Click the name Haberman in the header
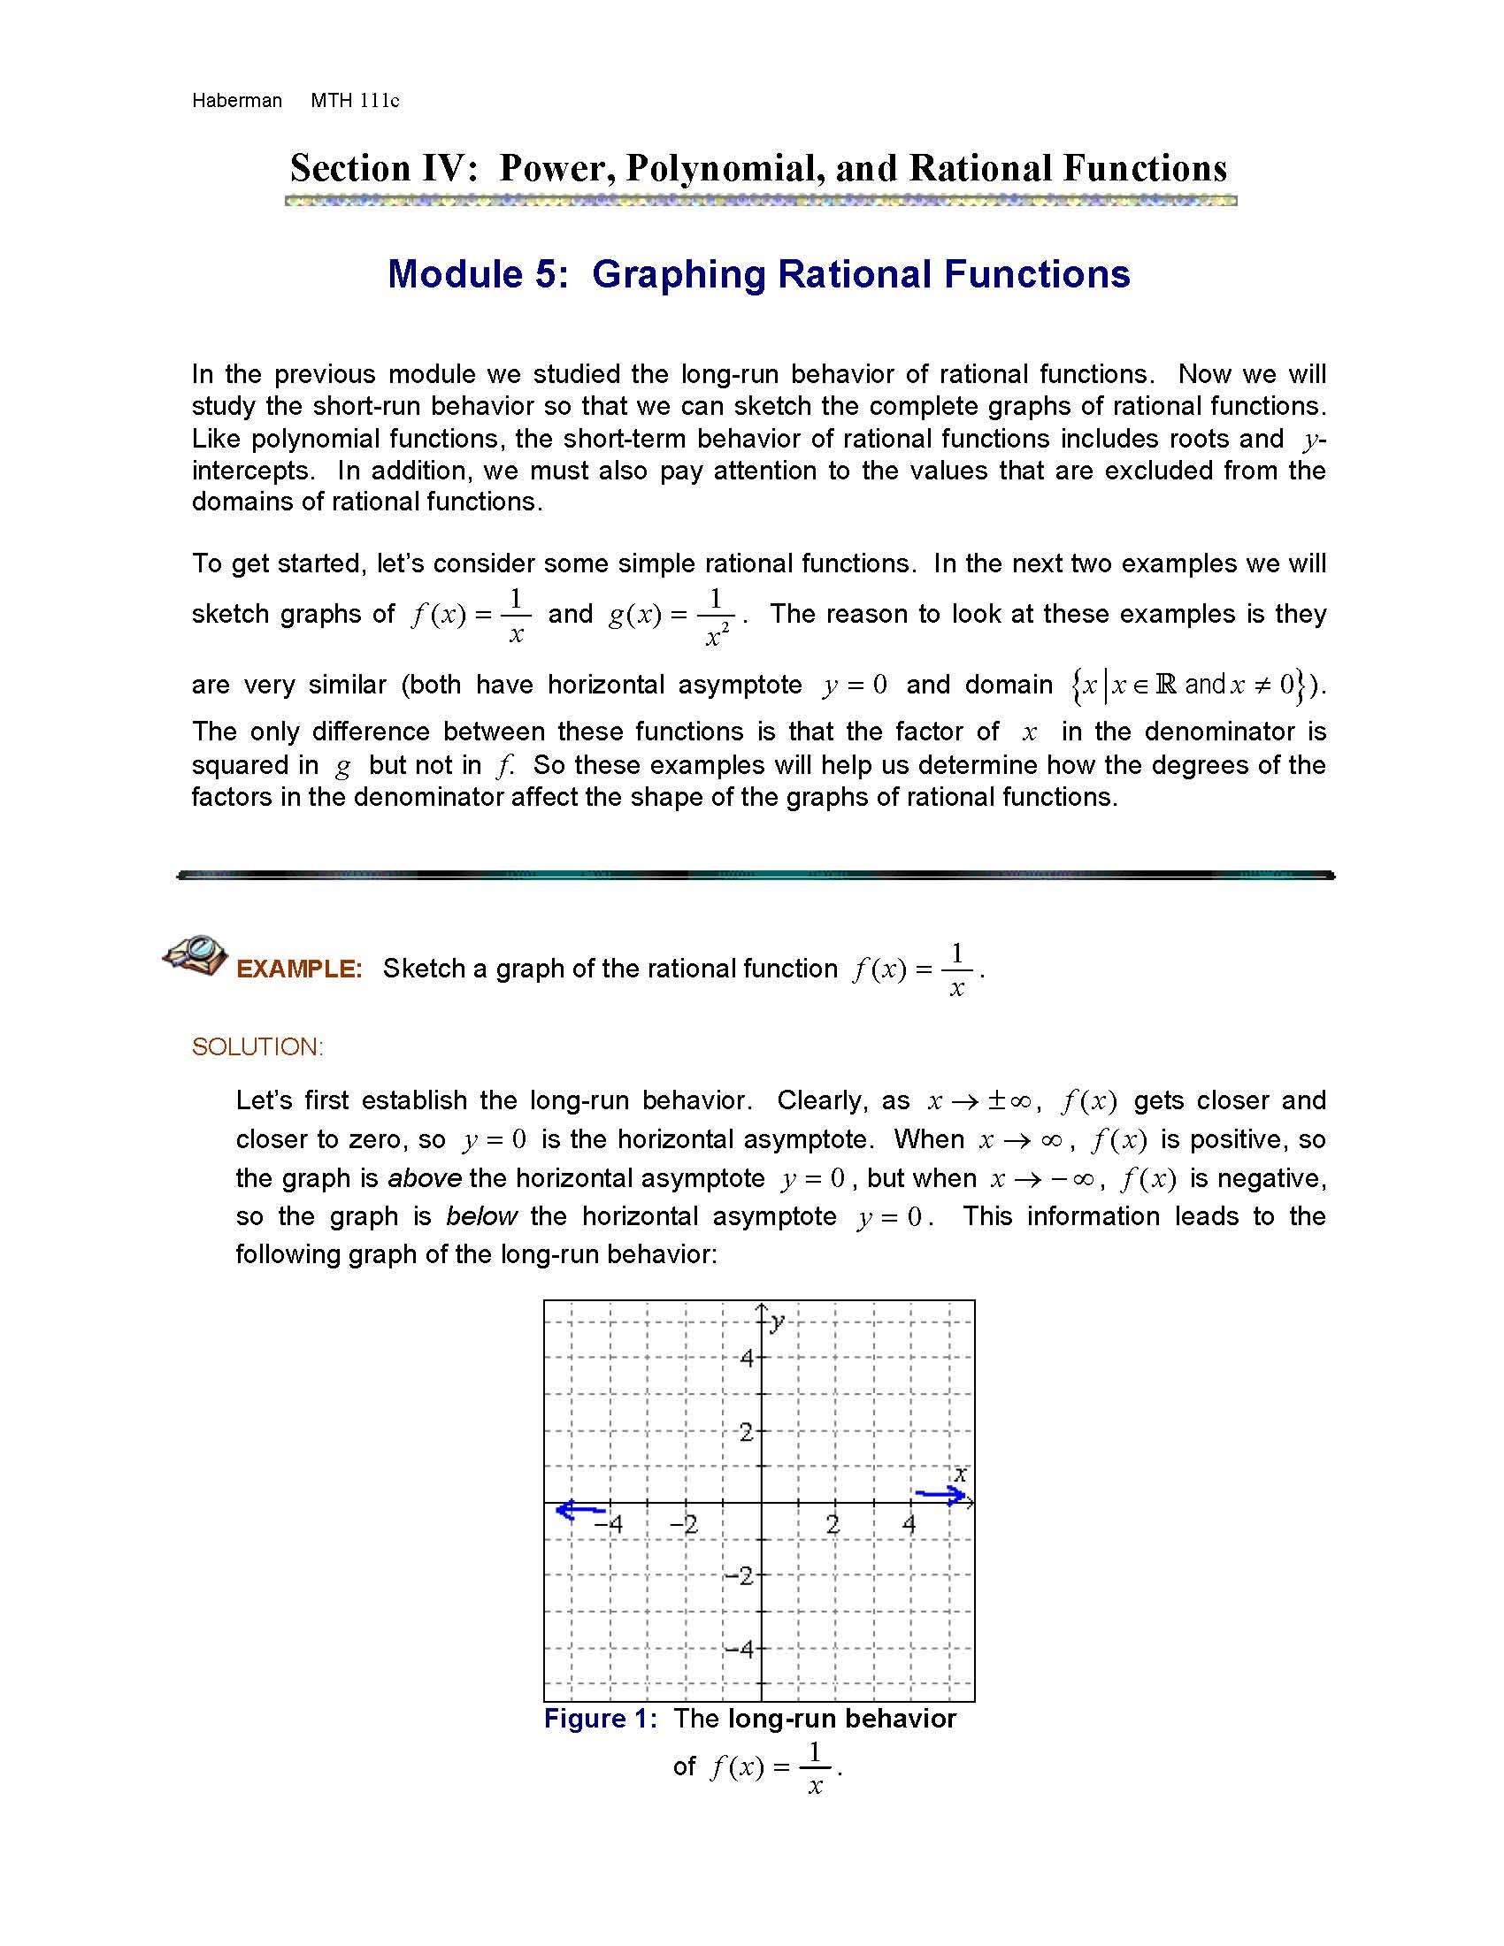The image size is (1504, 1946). coord(236,101)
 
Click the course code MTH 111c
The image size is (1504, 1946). coord(355,101)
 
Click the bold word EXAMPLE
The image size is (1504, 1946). coord(299,969)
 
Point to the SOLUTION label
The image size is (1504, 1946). coord(257,1047)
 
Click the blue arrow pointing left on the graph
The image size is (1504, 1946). coord(579,1509)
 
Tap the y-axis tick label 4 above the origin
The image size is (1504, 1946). coord(747,1359)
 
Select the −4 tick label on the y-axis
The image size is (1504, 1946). coord(739,1650)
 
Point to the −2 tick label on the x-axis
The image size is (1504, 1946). coord(683,1525)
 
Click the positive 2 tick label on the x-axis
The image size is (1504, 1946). coord(833,1525)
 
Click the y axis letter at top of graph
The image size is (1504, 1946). coord(778,1321)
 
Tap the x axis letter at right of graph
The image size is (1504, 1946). coord(960,1474)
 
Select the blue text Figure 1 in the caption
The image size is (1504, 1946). coord(599,1719)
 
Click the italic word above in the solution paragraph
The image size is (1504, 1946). coord(424,1178)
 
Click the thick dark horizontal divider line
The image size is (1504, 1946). coord(756,876)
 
